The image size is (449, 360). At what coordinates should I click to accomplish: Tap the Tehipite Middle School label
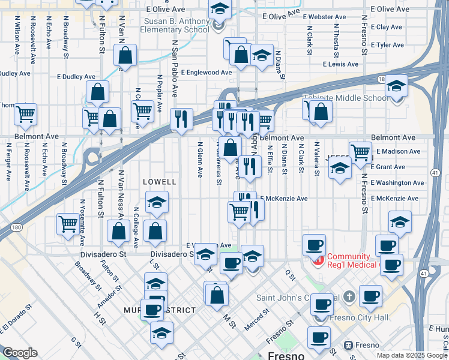pyautogui.click(x=346, y=98)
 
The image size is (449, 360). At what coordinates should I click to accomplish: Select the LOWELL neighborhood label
pyautogui.click(x=160, y=181)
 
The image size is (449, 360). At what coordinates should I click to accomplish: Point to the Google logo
pyautogui.click(x=20, y=353)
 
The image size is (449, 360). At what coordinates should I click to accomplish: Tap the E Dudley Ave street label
pyautogui.click(x=76, y=77)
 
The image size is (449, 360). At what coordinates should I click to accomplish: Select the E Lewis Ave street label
pyautogui.click(x=340, y=64)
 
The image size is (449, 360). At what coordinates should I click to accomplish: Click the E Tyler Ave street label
pyautogui.click(x=390, y=45)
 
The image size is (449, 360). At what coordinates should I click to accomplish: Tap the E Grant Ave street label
pyautogui.click(x=391, y=167)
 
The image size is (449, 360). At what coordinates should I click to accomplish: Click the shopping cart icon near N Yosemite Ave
pyautogui.click(x=68, y=223)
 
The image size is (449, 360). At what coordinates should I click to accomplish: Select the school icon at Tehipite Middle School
pyautogui.click(x=396, y=85)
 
